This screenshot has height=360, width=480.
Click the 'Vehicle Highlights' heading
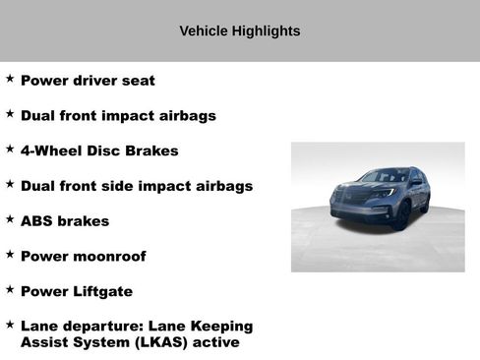point(240,31)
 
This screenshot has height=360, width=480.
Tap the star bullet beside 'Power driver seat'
point(10,79)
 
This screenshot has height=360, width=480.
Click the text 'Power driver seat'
point(88,81)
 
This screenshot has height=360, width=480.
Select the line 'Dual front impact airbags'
point(118,116)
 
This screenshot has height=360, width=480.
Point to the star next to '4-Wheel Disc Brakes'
point(10,149)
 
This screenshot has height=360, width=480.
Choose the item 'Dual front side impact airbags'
point(137,186)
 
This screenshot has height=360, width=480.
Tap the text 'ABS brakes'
point(65,221)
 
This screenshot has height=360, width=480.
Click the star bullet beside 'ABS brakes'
point(10,219)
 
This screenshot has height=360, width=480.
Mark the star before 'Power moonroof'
point(10,255)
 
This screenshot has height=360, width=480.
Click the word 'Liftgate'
point(101,292)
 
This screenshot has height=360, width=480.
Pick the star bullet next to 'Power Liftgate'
point(10,289)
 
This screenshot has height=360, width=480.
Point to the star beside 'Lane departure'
point(10,324)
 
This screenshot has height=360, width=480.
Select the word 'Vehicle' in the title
point(204,31)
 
